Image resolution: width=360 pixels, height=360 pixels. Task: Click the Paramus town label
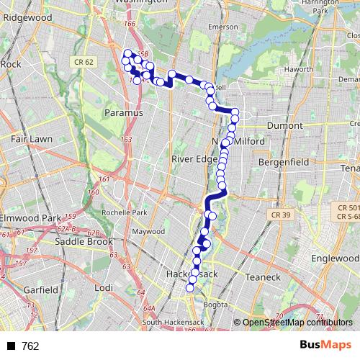click(124, 112)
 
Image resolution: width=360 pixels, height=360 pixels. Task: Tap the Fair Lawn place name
click(30, 138)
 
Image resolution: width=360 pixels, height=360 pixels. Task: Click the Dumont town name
click(285, 125)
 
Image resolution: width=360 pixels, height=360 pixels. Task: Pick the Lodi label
click(104, 287)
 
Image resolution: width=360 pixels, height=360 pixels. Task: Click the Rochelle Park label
click(125, 213)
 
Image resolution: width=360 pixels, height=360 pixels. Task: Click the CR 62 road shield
click(84, 63)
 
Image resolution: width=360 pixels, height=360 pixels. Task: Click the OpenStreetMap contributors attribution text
click(297, 323)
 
